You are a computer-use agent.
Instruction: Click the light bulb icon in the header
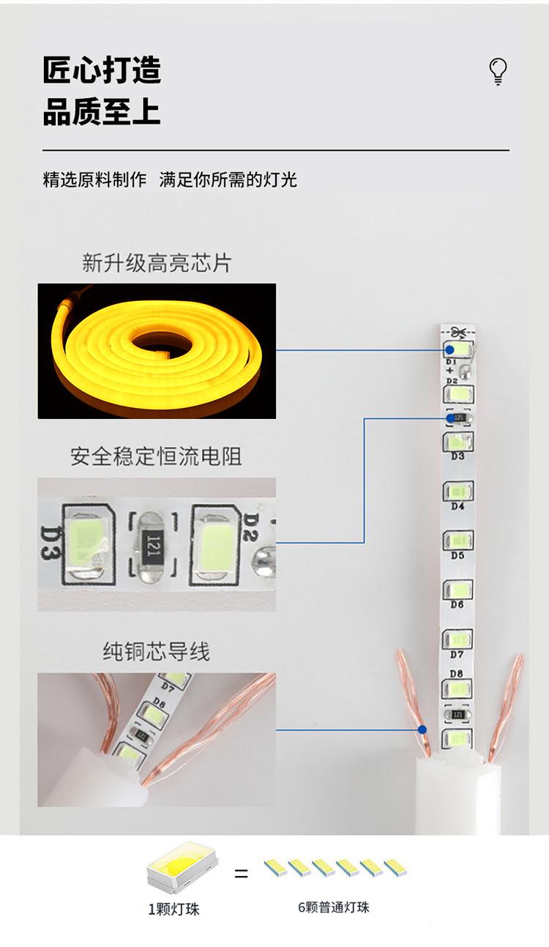(x=498, y=71)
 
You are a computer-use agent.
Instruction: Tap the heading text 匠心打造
(x=102, y=71)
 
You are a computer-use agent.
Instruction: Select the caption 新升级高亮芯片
(x=157, y=263)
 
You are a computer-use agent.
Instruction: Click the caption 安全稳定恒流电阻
(x=156, y=457)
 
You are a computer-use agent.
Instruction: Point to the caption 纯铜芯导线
(x=156, y=651)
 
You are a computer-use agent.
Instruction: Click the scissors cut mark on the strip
(x=458, y=331)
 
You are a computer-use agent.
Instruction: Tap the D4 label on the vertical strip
(x=457, y=506)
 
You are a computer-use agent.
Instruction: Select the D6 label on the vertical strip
(x=457, y=605)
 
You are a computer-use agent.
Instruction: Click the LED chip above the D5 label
(x=458, y=541)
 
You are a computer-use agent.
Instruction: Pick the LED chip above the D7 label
(x=458, y=639)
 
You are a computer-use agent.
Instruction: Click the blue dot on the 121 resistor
(x=449, y=418)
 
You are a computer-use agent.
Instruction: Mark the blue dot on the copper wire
(x=422, y=729)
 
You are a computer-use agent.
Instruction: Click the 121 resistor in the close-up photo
(x=152, y=545)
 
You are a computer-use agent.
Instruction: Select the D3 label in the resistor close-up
(x=50, y=543)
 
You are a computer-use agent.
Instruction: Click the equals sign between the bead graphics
(x=241, y=874)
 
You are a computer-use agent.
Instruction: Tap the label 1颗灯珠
(x=173, y=910)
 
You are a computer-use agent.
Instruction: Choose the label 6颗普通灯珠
(x=333, y=907)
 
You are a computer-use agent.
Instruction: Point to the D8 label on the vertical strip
(x=457, y=674)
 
